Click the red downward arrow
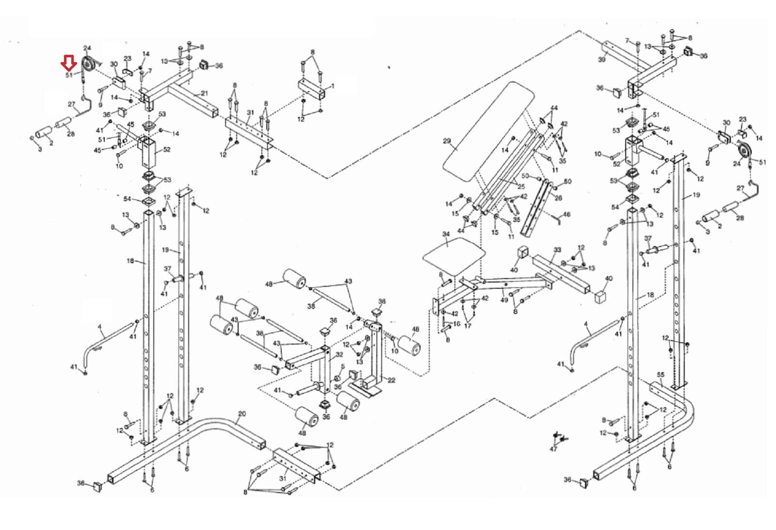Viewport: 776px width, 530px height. [68, 62]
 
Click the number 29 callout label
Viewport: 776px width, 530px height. [447, 142]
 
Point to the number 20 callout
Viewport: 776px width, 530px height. [242, 414]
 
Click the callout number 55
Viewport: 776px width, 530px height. [661, 375]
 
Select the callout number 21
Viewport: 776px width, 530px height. [204, 93]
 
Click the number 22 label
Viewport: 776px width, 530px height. [391, 380]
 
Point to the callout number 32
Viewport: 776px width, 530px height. [339, 355]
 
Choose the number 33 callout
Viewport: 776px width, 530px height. [558, 250]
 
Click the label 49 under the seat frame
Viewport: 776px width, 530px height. [504, 300]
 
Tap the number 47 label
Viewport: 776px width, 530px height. [553, 449]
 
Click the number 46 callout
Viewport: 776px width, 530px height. [566, 214]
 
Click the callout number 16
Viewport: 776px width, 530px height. [456, 324]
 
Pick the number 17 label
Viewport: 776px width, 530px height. [468, 326]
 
